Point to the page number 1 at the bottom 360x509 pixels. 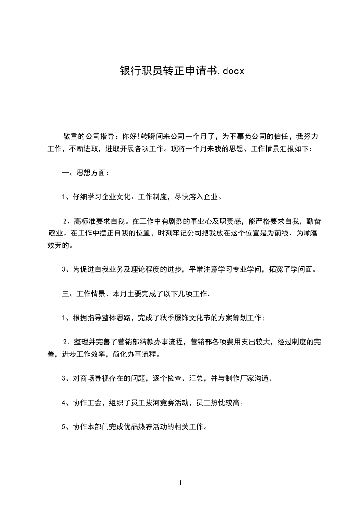180,483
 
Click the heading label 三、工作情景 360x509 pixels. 83,294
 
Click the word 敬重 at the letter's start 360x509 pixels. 70,136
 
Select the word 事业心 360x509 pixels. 193,221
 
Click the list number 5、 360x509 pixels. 65,427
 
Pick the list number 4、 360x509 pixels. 65,402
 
